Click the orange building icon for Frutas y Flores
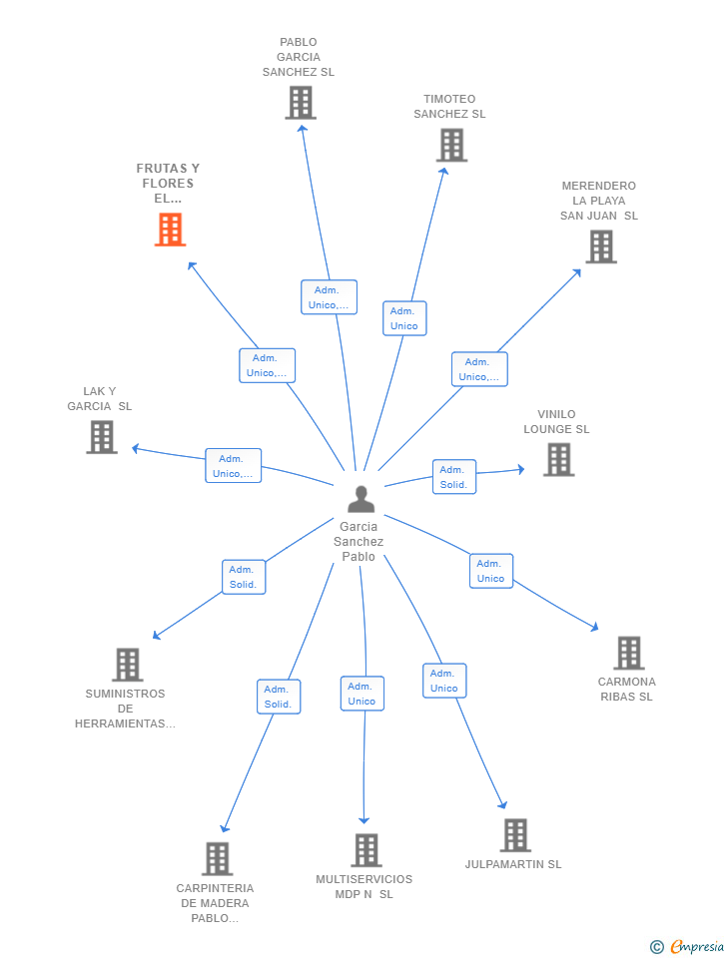(170, 230)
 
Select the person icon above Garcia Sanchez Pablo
(361, 499)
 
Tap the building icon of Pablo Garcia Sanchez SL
(301, 102)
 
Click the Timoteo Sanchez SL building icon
(451, 146)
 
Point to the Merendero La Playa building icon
(601, 246)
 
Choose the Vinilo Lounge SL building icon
(559, 459)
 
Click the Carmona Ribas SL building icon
(629, 653)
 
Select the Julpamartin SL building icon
(515, 835)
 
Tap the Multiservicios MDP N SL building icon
(366, 850)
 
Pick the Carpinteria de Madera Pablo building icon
(218, 859)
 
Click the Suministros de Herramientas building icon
(128, 665)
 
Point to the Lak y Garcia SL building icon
(102, 437)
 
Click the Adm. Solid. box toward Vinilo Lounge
(453, 477)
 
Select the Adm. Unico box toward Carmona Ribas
(491, 571)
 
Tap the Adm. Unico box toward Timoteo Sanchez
(404, 318)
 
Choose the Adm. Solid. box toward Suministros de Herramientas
(244, 577)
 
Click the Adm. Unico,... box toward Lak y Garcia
(233, 466)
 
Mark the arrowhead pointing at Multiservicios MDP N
(363, 820)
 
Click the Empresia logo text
(697, 946)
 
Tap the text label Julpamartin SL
(513, 864)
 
